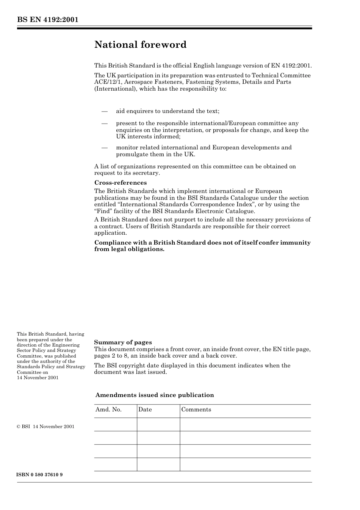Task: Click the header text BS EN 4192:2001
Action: pyautogui.click(x=47, y=20)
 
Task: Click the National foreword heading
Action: pyautogui.click(x=140, y=45)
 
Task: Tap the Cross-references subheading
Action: pyautogui.click(x=120, y=183)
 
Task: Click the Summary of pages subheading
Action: pyautogui.click(x=123, y=342)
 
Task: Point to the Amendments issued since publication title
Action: pyautogui.click(x=154, y=395)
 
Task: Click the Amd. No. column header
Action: pyautogui.click(x=108, y=410)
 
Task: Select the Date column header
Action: pyautogui.click(x=145, y=410)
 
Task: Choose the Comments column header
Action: pyautogui.click(x=196, y=410)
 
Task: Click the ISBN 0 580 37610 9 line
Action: pyautogui.click(x=40, y=475)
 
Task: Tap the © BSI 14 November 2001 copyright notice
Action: pyautogui.click(x=45, y=427)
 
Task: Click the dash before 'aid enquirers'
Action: pyautogui.click(x=105, y=111)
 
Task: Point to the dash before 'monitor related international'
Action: pyautogui.click(x=105, y=148)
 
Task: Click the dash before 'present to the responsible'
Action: pyautogui.click(x=105, y=124)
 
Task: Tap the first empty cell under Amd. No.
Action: pyautogui.click(x=115, y=424)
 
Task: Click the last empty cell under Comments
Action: pyautogui.click(x=245, y=464)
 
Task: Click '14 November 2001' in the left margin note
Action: pyautogui.click(x=38, y=378)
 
